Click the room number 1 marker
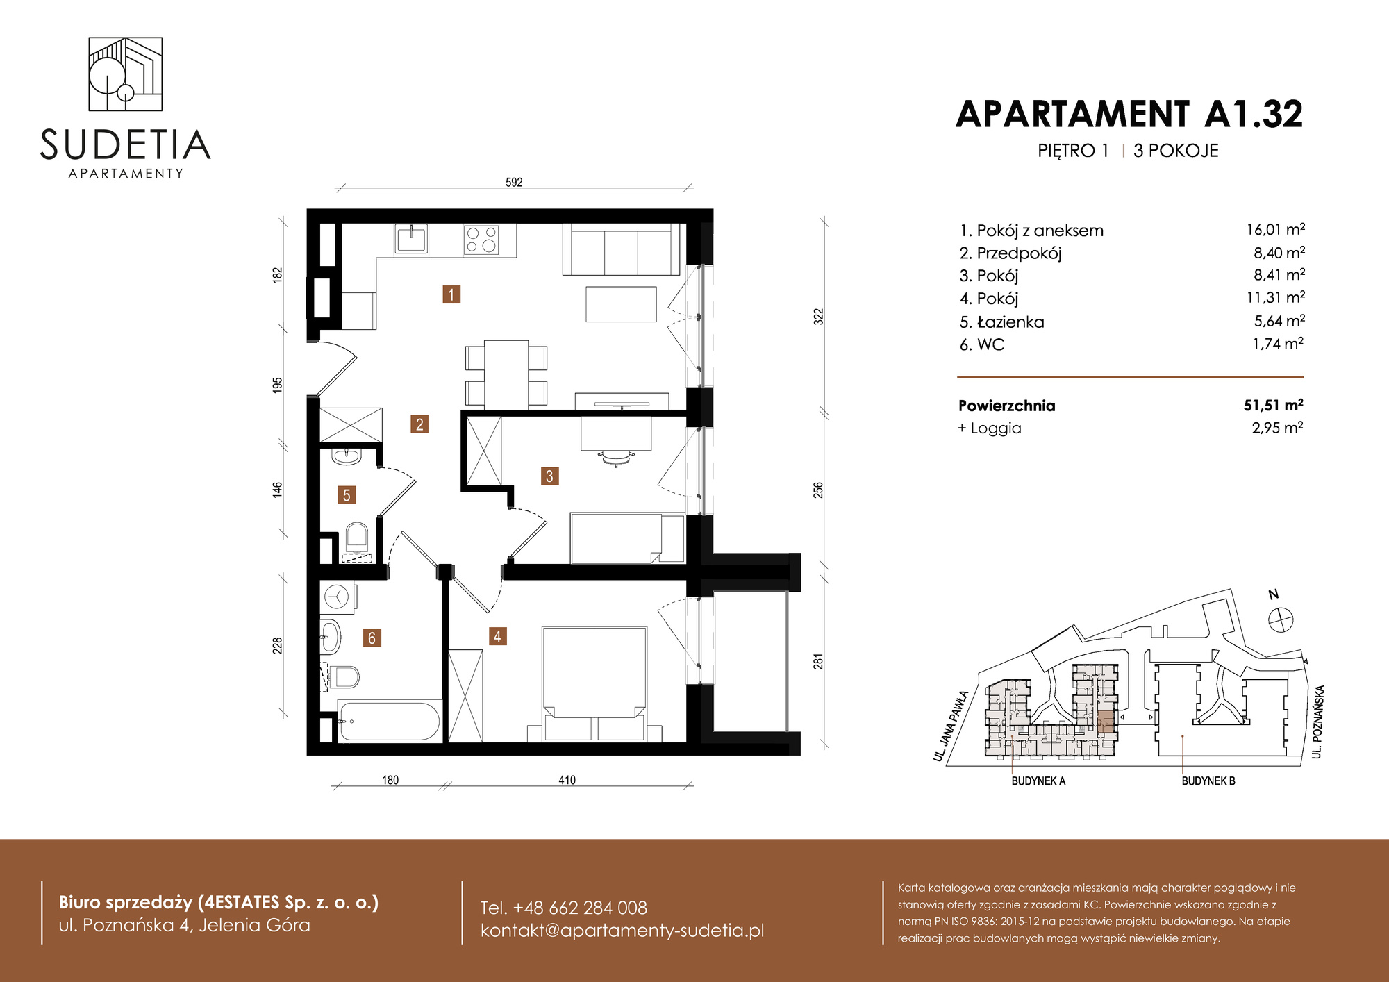coord(451,294)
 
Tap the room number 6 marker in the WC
coord(372,638)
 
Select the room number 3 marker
coord(549,476)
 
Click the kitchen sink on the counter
coord(411,238)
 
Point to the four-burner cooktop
coord(481,240)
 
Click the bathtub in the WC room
coord(389,721)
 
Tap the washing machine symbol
coord(338,597)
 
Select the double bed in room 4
coord(594,684)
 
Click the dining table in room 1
coord(506,374)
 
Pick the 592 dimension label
coord(514,182)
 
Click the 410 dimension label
coord(567,780)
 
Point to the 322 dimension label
coord(819,317)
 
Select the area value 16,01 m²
coord(1276,229)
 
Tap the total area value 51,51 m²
coord(1273,405)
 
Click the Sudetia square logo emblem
coord(126,74)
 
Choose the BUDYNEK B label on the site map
coord(1208,781)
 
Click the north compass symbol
coord(1281,619)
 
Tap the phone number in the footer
coord(563,907)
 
